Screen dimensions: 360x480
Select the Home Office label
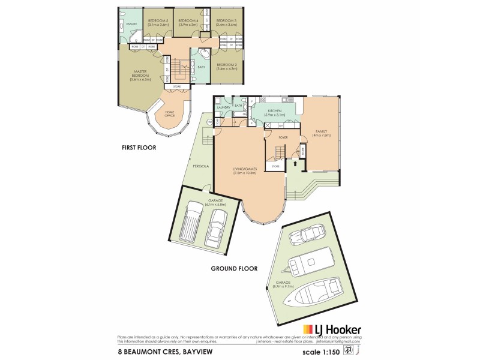(x=169, y=114)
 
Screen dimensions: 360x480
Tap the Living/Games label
(x=245, y=170)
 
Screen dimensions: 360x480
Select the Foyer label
(x=283, y=137)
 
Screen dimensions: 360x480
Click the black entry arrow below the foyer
(x=295, y=162)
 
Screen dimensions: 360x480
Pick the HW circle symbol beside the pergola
(x=210, y=122)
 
